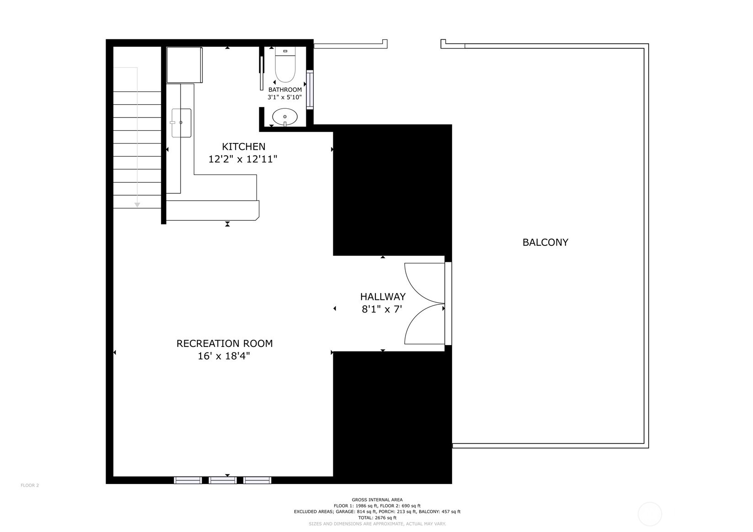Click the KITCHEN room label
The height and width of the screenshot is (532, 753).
point(243,147)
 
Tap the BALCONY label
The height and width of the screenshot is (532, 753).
point(545,243)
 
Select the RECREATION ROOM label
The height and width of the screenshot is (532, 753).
point(224,344)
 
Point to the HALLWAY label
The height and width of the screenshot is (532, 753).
point(383,297)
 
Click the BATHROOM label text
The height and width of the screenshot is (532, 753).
point(285,90)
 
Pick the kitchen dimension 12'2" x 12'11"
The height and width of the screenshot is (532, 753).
point(243,160)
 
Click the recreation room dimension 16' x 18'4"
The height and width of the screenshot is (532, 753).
point(224,356)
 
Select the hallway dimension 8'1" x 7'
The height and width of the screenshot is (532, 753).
point(382,309)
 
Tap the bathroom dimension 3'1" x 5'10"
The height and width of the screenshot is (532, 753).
point(284,97)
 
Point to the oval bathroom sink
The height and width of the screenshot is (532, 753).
point(285,117)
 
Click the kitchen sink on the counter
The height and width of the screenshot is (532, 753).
point(181,123)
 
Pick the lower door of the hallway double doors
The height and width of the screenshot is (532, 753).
point(424,325)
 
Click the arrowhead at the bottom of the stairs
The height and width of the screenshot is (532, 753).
point(137,205)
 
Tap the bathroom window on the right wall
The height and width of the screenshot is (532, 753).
point(310,90)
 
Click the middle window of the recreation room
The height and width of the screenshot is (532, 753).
point(223,480)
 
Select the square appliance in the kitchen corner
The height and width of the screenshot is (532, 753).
point(184,64)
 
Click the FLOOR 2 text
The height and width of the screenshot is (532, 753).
point(30,485)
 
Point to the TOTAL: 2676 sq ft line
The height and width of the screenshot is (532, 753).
point(377,518)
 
